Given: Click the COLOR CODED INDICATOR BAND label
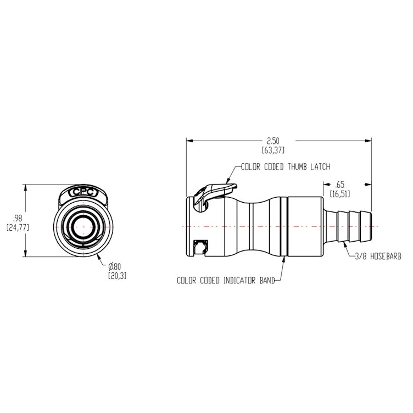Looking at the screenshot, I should [x=225, y=280].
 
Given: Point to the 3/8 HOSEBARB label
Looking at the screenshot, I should [x=379, y=256].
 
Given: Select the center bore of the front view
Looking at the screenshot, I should [x=82, y=225].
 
